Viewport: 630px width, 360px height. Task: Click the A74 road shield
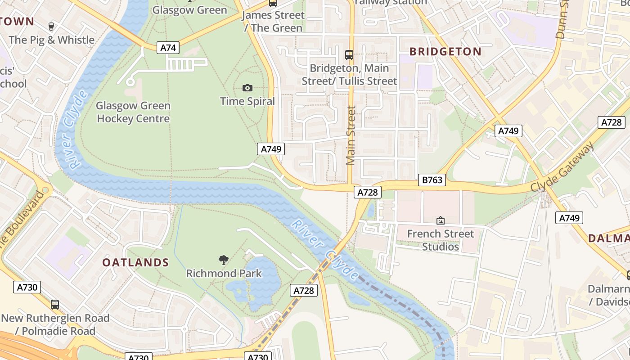point(168,48)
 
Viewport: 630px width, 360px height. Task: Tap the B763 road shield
point(432,180)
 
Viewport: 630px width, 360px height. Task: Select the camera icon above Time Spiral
point(247,88)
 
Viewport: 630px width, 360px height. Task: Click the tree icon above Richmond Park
point(224,260)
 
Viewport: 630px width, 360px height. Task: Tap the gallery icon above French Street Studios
point(441,220)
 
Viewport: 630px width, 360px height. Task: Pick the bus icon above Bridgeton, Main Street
point(349,55)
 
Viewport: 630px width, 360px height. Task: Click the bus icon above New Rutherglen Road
point(55,305)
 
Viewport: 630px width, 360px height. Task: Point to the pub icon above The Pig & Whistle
point(51,26)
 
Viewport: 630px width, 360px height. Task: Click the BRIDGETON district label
point(445,52)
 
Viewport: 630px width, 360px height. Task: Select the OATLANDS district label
point(135,263)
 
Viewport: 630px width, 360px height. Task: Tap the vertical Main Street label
point(351,135)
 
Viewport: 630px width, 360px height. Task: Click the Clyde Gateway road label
point(562,166)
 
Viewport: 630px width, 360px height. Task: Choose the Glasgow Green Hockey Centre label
point(133,112)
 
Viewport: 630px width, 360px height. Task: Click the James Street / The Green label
point(273,22)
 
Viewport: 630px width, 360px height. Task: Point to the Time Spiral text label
point(247,101)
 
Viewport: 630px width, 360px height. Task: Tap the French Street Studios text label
point(441,240)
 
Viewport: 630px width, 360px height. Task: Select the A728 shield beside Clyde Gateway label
point(611,122)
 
